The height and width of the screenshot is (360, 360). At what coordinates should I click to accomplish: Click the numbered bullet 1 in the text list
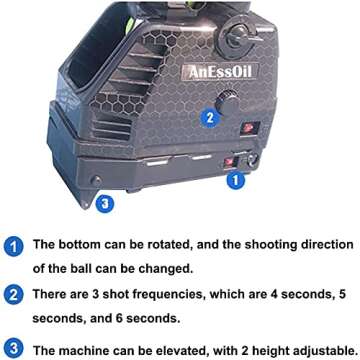[13, 245]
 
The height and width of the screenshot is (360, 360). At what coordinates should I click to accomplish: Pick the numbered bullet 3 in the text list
[13, 349]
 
